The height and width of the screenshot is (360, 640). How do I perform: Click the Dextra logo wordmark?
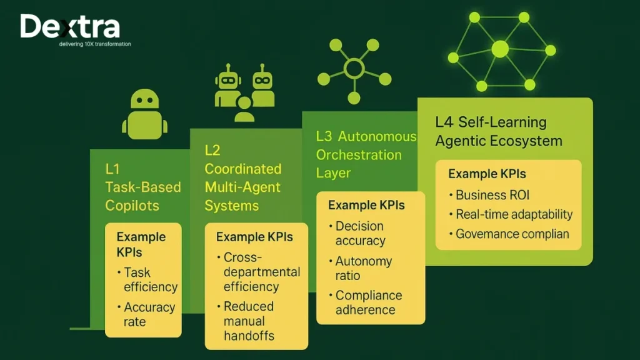point(69,27)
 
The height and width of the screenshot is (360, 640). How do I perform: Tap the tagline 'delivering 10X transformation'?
point(95,44)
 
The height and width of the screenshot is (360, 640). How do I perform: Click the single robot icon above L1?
point(144,114)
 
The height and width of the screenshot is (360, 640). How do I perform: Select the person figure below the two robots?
point(244,110)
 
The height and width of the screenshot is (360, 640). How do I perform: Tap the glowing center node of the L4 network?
point(500,49)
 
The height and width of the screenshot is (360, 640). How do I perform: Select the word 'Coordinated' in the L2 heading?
point(243,169)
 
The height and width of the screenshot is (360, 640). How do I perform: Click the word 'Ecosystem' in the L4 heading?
point(526,141)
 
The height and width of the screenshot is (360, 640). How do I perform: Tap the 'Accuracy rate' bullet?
point(149,314)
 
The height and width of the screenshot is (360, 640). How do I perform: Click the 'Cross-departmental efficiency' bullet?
point(261,272)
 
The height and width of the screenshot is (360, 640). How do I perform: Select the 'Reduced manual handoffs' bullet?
point(249,321)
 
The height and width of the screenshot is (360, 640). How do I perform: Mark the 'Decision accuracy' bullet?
point(360,233)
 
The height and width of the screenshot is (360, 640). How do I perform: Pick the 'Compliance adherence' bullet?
point(368,302)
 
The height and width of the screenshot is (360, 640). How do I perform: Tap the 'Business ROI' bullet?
point(492,195)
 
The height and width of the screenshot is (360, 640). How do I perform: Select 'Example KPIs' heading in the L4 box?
point(487,174)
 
